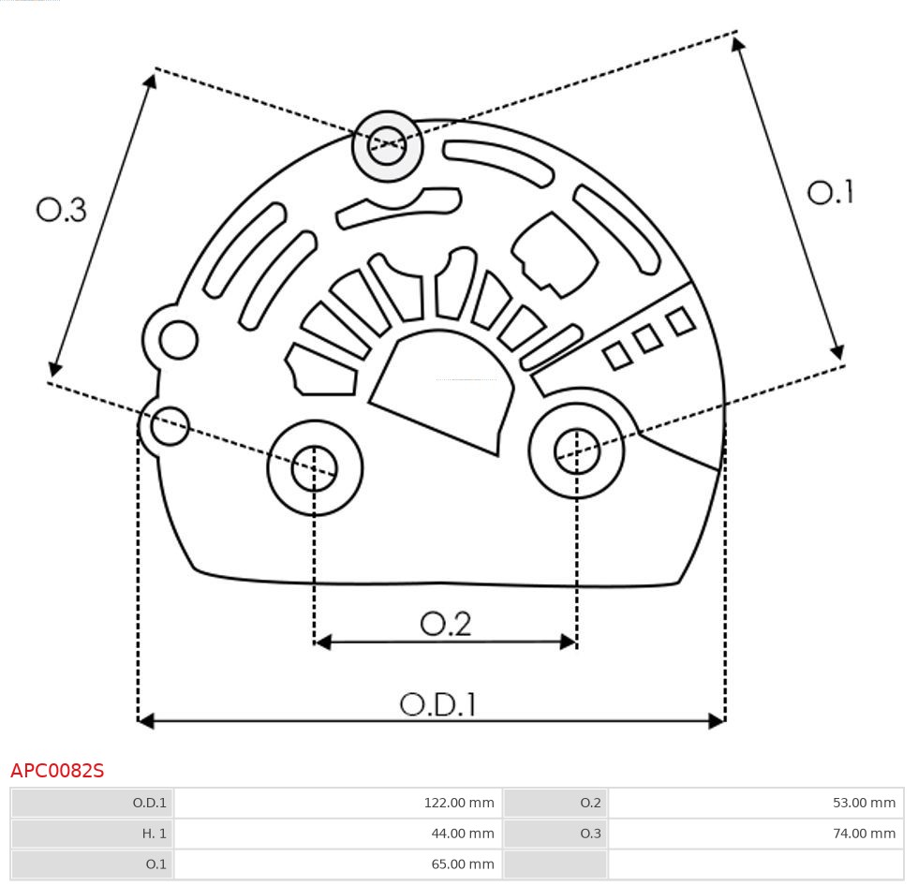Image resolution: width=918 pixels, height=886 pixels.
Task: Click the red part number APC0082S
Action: tap(57, 771)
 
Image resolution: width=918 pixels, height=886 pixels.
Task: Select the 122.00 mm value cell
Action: tap(338, 803)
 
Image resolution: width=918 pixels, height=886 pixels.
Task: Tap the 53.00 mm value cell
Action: tap(755, 803)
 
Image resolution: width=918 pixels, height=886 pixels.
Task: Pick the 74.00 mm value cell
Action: tap(755, 833)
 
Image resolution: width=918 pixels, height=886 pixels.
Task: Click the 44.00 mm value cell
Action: tap(338, 833)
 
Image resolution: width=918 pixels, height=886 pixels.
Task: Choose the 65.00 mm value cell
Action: tap(338, 864)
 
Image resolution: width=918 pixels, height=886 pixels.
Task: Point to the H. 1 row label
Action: tap(92, 833)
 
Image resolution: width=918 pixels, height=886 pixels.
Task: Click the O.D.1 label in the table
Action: tap(92, 803)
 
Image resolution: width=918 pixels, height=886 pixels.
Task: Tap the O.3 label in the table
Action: tap(555, 833)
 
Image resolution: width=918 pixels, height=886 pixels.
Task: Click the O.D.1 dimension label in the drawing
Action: tap(438, 704)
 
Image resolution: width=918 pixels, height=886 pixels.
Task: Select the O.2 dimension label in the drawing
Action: tap(445, 624)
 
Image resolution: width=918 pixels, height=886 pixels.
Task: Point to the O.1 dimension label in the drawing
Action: tap(830, 193)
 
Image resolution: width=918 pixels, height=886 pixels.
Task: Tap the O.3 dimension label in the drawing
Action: tap(62, 210)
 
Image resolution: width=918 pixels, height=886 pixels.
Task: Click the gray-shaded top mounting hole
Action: tap(387, 145)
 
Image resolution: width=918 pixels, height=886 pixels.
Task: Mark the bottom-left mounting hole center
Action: tap(315, 468)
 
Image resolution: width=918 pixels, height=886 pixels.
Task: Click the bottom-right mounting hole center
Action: tap(577, 451)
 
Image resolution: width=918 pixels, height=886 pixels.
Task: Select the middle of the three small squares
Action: tap(647, 339)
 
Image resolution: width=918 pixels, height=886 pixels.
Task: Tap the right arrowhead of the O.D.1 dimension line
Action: tap(717, 720)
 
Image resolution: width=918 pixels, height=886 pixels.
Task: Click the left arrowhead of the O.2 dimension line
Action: tap(323, 642)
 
